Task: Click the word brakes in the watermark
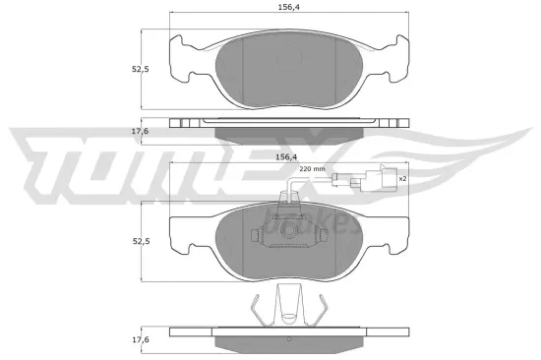click(x=320, y=221)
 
